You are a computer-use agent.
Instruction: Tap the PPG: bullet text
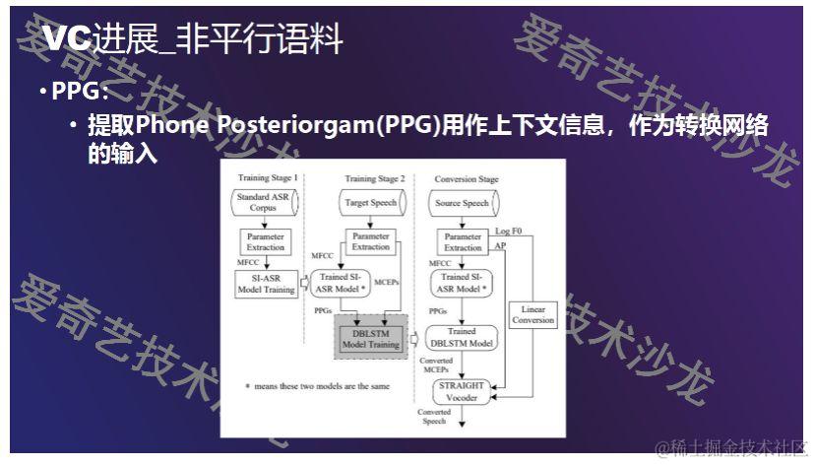[80, 92]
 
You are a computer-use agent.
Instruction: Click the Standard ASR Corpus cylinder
[265, 203]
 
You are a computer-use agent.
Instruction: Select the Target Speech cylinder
[371, 203]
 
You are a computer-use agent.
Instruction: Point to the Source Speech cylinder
[462, 203]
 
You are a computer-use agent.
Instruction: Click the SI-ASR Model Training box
[265, 284]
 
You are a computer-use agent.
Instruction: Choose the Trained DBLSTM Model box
[462, 337]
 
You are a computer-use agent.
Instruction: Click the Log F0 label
[509, 231]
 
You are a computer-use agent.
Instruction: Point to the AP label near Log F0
[500, 244]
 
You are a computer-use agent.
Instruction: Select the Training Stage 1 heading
[268, 178]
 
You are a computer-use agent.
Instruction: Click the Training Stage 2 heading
[374, 178]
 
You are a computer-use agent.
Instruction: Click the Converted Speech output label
[434, 416]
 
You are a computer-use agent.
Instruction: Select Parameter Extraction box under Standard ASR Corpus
[265, 241]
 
